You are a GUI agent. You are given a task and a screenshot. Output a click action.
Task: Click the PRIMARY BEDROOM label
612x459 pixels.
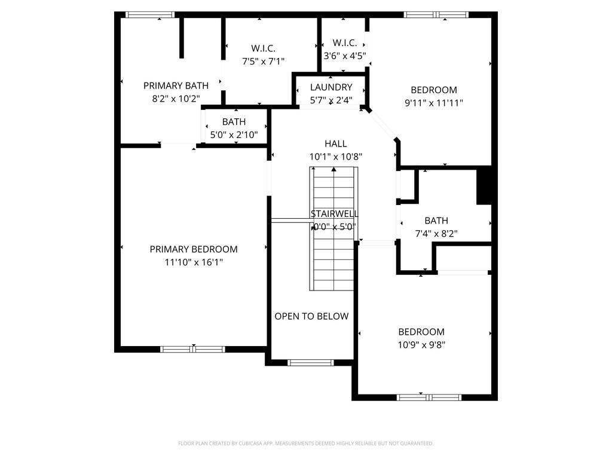[193, 249]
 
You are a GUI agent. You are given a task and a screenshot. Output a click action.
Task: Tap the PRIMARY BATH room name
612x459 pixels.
[176, 85]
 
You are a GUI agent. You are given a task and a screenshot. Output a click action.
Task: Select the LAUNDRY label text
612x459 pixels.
[331, 87]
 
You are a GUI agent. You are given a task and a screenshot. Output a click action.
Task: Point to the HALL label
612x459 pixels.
[335, 143]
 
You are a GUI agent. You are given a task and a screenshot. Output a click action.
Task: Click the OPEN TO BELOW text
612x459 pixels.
[311, 316]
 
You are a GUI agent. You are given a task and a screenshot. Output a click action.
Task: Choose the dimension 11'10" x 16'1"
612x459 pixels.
[193, 262]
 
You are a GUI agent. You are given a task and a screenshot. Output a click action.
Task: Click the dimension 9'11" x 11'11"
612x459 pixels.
[433, 103]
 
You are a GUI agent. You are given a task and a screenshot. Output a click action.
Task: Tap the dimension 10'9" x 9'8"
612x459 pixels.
[421, 344]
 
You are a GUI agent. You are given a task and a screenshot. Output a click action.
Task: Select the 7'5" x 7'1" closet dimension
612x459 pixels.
[263, 60]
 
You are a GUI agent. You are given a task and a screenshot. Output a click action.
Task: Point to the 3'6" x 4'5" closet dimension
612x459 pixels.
[344, 56]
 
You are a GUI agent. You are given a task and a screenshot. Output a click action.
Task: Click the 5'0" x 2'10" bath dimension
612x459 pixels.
[234, 134]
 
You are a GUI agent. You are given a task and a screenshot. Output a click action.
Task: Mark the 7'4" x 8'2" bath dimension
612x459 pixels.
[436, 234]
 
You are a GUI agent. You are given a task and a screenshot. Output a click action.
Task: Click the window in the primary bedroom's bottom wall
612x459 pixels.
[193, 349]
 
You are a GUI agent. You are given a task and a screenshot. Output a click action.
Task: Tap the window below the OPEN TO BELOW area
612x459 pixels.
[311, 362]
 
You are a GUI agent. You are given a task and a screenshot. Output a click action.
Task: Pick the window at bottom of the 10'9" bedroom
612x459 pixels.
[429, 397]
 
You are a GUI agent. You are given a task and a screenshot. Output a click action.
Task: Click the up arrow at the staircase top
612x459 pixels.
[334, 171]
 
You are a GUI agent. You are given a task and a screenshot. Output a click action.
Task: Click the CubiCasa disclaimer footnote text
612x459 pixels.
[305, 443]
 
